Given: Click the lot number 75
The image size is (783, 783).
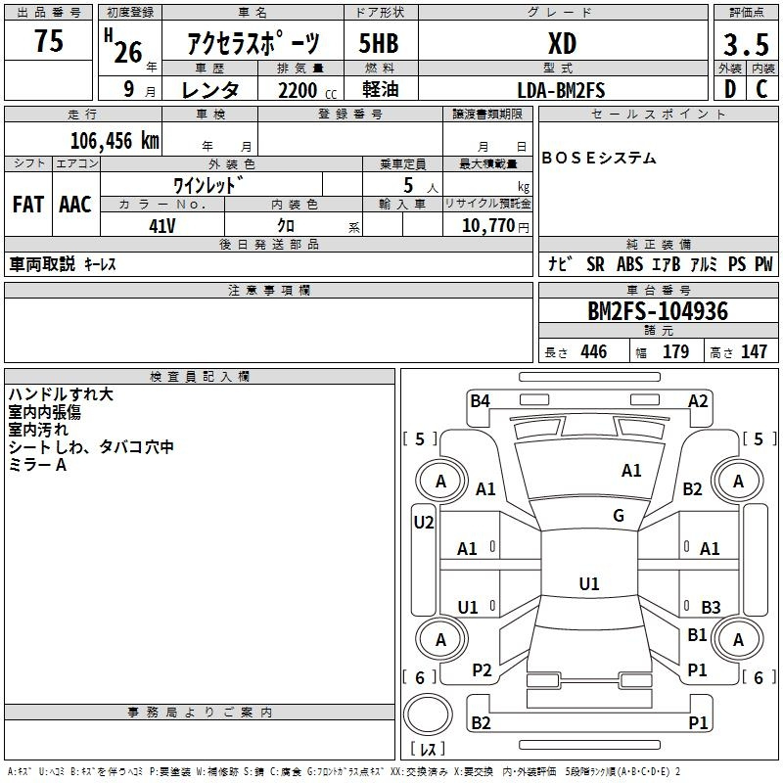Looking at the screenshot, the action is point(49,40).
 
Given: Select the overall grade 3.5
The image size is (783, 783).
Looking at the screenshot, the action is point(746,44).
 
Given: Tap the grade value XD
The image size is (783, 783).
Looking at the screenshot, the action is point(562,44).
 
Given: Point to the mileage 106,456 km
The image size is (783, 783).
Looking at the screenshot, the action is point(115,141).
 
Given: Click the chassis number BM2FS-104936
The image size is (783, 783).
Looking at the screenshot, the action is point(658,311).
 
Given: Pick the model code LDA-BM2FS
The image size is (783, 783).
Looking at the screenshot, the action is point(561,90).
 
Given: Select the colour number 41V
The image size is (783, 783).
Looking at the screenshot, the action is point(162,226).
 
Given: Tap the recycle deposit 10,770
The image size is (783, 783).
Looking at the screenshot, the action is point(487,226).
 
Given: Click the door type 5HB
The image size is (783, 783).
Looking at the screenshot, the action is point(379,44).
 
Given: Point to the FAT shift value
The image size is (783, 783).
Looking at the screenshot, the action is point(28,205).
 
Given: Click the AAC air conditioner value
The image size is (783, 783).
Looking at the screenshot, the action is point(75,205).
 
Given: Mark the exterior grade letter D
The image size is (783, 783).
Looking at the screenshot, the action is point(730,89).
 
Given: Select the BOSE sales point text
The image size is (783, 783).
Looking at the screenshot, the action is point(599,158).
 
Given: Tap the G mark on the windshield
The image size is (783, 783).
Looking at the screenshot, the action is point(619,516).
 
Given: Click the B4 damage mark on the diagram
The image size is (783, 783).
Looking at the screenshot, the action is point(480,400).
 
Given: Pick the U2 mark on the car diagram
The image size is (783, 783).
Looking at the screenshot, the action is point(424,523).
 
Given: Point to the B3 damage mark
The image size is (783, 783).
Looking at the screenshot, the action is point(711,607).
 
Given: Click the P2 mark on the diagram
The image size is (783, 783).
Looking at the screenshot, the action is point(482,670).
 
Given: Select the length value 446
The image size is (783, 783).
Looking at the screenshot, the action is point(594,351).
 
